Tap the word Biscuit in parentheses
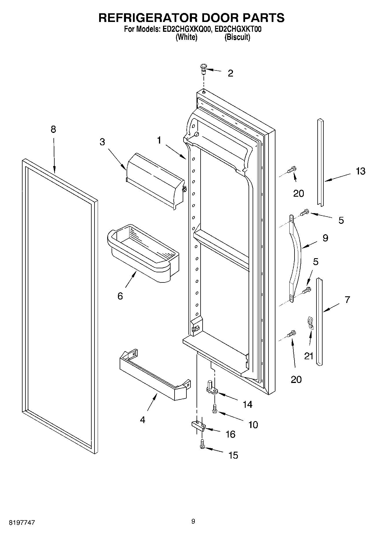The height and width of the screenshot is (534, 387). point(237,37)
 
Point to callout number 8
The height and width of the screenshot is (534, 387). point(53,129)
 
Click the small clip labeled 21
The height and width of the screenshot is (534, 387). point(310,323)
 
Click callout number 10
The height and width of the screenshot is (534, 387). point(253,425)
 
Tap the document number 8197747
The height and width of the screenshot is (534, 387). point(22,522)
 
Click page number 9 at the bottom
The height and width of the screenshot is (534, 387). point(193,521)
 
